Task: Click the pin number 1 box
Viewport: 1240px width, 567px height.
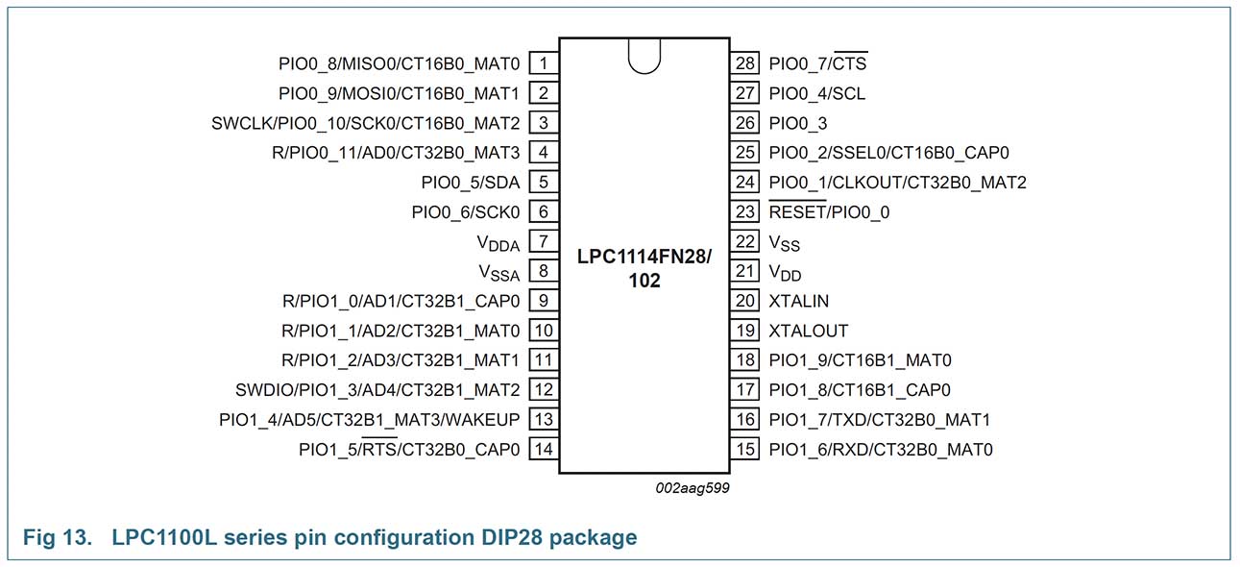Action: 544,63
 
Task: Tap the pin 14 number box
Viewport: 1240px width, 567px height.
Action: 544,449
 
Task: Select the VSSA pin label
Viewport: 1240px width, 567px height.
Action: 498,273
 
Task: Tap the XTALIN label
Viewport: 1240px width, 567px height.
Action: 798,301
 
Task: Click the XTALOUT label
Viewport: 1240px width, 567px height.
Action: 809,331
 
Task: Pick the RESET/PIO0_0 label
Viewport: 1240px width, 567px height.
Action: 829,212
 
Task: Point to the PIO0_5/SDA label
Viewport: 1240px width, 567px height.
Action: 471,183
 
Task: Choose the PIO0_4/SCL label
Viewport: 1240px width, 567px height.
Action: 817,93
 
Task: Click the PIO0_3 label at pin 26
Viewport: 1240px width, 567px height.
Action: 797,123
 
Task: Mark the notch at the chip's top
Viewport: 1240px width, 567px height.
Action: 644,55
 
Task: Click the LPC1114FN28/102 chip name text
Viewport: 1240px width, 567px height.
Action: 644,270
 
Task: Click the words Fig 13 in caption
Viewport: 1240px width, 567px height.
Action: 45,537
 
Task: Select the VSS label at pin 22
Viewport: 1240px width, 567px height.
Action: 786,243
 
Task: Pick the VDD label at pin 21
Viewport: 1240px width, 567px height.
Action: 786,273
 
